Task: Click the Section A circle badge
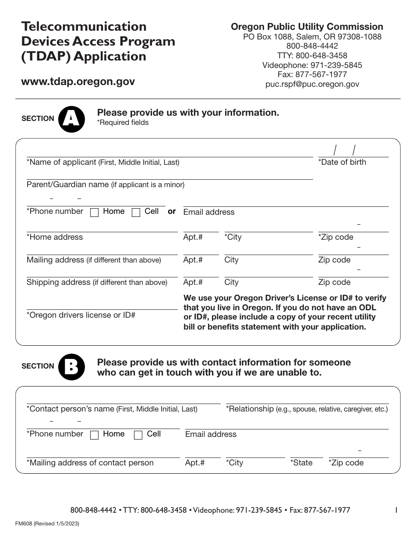click(71, 119)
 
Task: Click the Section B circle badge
click(71, 366)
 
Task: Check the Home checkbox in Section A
click(94, 213)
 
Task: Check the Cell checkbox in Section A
click(136, 213)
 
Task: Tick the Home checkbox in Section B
click(94, 435)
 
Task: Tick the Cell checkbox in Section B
click(138, 435)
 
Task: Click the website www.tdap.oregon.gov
click(78, 82)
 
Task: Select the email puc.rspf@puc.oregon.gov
click(312, 84)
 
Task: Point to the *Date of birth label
click(342, 162)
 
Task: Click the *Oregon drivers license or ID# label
click(81, 315)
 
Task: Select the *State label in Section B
click(301, 463)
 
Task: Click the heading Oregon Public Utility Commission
click(307, 27)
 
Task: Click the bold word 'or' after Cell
click(172, 211)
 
